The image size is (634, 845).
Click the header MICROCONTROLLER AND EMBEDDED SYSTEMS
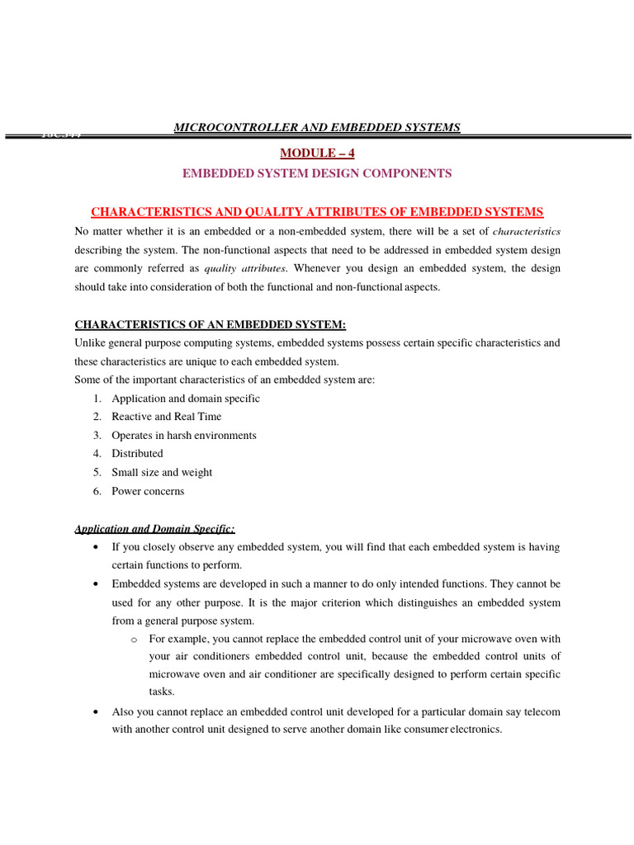click(x=316, y=127)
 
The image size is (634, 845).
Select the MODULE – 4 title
click(x=317, y=153)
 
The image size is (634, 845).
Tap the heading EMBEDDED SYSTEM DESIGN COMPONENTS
click(x=317, y=173)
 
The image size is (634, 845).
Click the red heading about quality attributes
click(x=317, y=212)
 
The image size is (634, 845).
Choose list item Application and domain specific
click(x=186, y=399)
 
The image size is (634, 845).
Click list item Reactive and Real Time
click(x=167, y=417)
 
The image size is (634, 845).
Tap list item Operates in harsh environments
click(x=184, y=436)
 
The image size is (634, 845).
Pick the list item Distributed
click(x=138, y=454)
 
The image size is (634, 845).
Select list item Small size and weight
click(x=162, y=473)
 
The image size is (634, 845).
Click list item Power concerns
click(x=149, y=492)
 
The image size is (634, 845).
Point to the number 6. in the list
click(x=97, y=492)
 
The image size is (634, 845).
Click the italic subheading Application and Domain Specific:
click(x=154, y=529)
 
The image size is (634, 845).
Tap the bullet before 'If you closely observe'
click(x=97, y=548)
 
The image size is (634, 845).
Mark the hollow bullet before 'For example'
click(x=134, y=640)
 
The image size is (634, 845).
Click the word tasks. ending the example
click(x=162, y=692)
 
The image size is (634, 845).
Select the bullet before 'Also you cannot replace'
click(x=97, y=711)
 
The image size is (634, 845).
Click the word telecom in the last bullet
click(x=542, y=711)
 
